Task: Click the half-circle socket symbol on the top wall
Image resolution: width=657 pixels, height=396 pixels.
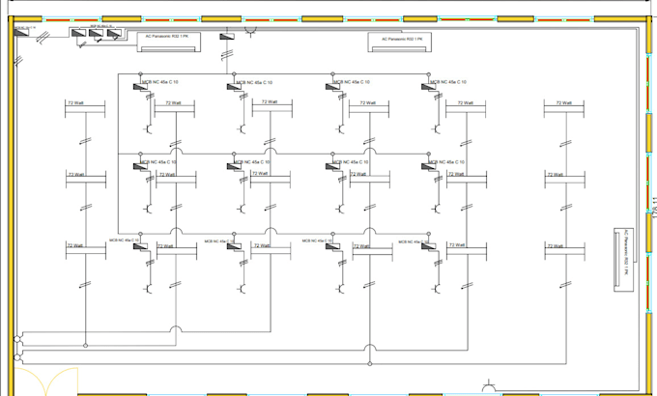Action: click(x=253, y=32)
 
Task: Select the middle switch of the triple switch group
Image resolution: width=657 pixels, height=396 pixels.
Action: click(x=96, y=34)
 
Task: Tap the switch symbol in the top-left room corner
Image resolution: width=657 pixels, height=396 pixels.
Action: click(x=22, y=31)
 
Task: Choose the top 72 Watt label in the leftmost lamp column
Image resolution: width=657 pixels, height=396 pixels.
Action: click(x=76, y=101)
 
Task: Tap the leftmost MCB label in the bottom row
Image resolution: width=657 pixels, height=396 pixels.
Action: click(x=124, y=240)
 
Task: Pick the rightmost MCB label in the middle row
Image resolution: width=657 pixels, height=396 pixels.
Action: click(x=447, y=162)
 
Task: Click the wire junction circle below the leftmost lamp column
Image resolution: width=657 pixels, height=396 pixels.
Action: click(x=85, y=345)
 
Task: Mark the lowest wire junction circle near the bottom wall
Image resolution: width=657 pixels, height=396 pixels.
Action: click(x=368, y=364)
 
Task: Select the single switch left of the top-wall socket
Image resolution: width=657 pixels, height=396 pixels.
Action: click(x=228, y=37)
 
